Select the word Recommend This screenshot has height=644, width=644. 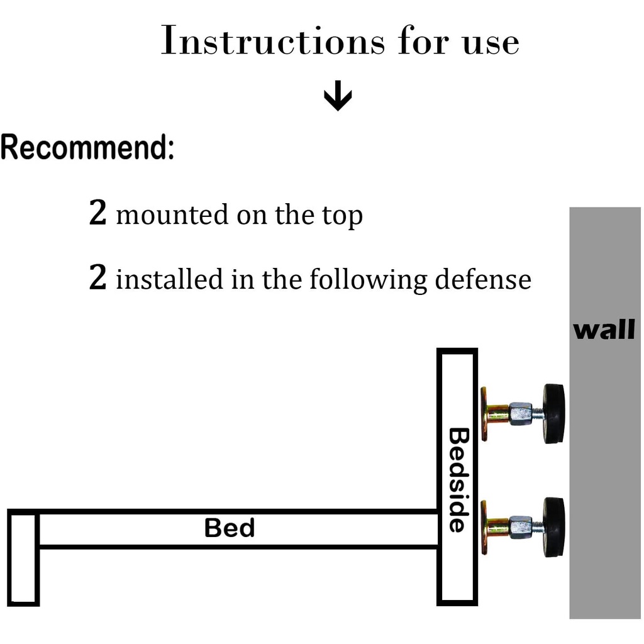point(87,148)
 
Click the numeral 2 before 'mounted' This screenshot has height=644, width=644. point(98,214)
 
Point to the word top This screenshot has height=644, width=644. point(342,216)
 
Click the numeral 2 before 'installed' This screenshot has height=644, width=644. point(98,278)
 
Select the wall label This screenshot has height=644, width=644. point(604,330)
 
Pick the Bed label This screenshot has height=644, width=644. point(230,528)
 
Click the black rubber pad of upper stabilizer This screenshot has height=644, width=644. point(553,413)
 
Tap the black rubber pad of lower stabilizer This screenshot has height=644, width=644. point(553,527)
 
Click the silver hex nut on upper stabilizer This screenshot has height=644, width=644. point(521,414)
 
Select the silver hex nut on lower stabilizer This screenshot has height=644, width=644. point(521,527)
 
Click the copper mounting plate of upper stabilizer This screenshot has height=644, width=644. point(485,414)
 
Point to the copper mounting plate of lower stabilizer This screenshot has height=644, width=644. point(485,527)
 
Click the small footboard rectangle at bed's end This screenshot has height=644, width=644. point(24,558)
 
